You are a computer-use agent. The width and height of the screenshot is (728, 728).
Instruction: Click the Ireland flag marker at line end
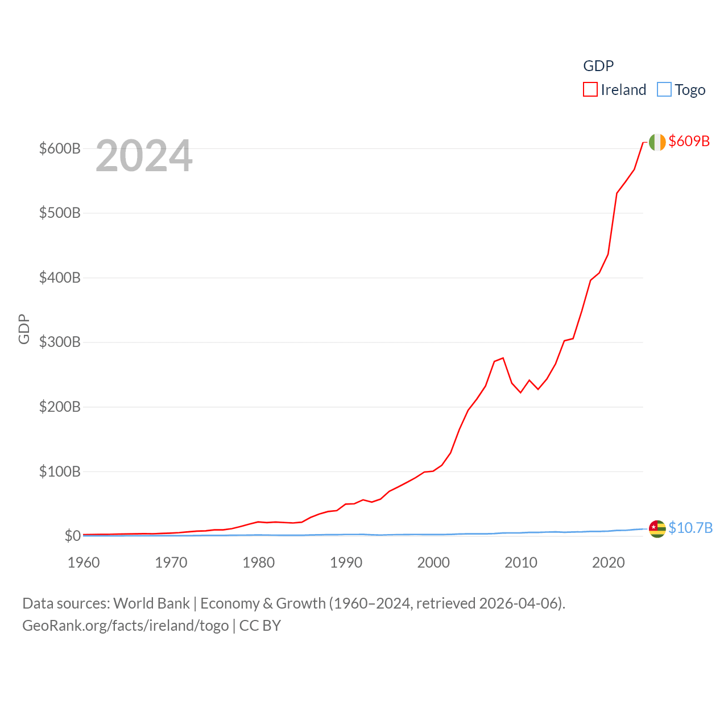click(x=657, y=142)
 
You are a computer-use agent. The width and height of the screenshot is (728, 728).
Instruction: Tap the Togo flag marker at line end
click(x=657, y=528)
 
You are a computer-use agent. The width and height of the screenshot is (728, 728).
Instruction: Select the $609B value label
click(x=689, y=141)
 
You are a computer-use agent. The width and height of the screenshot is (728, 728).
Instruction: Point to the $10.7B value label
click(x=690, y=528)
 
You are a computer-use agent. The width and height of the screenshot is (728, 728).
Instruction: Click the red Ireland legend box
click(x=590, y=90)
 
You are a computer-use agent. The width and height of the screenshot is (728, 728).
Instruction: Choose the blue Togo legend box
click(x=664, y=90)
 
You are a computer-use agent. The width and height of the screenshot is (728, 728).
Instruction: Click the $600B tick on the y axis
click(x=60, y=148)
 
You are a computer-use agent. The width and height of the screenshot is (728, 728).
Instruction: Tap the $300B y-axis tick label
click(x=60, y=342)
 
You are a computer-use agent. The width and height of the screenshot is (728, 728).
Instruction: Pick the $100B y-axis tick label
click(x=60, y=471)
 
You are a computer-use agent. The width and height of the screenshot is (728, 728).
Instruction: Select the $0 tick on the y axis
click(x=72, y=536)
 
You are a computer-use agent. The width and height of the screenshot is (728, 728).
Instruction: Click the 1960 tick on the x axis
click(x=84, y=562)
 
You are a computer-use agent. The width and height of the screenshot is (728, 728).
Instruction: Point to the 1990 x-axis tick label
click(x=346, y=562)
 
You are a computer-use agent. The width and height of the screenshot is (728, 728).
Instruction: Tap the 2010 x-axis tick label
click(x=521, y=562)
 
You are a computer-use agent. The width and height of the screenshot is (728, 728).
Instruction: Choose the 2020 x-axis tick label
click(x=609, y=562)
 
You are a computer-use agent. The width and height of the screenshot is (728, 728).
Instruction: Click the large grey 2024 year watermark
click(x=144, y=156)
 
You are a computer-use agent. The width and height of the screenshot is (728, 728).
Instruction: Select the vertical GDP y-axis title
click(x=24, y=329)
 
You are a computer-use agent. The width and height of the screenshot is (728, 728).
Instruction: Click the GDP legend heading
click(x=598, y=66)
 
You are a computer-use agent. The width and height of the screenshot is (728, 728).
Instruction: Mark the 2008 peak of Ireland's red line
click(x=503, y=358)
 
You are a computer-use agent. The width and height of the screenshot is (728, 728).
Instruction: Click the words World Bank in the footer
click(x=151, y=603)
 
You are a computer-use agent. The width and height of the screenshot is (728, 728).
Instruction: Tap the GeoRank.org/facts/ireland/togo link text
click(x=125, y=626)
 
